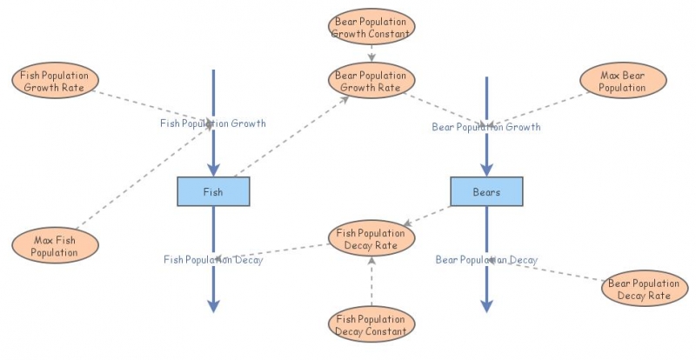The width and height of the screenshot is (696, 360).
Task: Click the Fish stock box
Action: click(x=213, y=191)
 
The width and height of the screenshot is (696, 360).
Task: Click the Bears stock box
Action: click(x=486, y=191)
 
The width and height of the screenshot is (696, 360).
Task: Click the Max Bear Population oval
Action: click(x=622, y=81)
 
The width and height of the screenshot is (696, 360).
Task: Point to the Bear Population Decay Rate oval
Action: click(x=645, y=290)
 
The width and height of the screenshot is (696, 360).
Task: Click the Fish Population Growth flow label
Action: click(x=213, y=123)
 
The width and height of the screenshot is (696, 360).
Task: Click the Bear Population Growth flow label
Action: click(x=486, y=127)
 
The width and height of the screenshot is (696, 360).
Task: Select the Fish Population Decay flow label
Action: click(x=213, y=259)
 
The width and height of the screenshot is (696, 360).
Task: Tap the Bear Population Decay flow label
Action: click(x=486, y=259)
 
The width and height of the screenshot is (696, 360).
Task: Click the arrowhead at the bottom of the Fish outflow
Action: click(x=213, y=304)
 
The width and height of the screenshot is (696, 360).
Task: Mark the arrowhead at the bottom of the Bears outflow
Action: click(x=486, y=304)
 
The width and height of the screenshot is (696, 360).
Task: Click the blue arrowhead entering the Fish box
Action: click(x=213, y=171)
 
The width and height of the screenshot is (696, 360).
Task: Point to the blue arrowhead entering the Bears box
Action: click(x=486, y=171)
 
